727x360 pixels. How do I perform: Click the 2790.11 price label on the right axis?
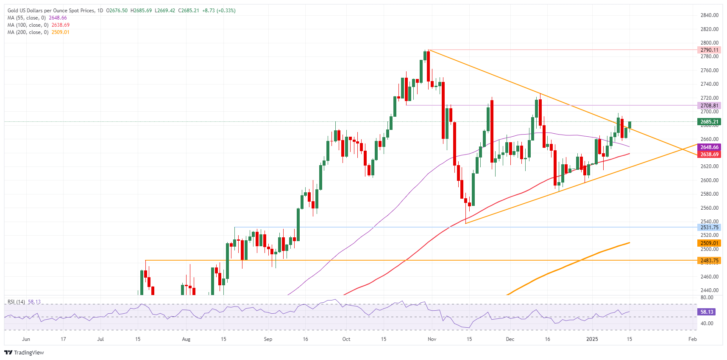pos(709,50)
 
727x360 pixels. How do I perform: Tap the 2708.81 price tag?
pos(709,106)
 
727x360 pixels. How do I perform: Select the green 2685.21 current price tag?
pos(709,122)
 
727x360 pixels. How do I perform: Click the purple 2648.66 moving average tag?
pos(709,147)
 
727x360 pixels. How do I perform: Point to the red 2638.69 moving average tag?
pos(709,155)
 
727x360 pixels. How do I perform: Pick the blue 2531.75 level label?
pos(709,228)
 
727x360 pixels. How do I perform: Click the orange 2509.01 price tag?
pos(709,243)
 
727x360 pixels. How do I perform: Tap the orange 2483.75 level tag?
pos(709,261)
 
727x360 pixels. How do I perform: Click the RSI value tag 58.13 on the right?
pos(707,312)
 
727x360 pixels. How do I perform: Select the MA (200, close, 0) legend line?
pos(28,32)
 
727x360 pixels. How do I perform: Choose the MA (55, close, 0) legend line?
pos(27,18)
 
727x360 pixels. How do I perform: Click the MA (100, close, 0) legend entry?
pos(28,25)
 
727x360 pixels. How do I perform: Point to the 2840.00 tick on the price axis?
pos(709,15)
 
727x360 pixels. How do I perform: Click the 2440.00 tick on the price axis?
pos(709,290)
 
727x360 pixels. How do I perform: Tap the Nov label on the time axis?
pos(432,339)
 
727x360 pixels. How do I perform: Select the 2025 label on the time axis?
pos(592,339)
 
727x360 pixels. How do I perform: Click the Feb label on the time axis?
pos(692,339)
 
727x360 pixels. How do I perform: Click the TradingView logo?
pos(24,353)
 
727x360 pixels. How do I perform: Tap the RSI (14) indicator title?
pos(16,302)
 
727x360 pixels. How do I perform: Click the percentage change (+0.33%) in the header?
pos(226,11)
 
